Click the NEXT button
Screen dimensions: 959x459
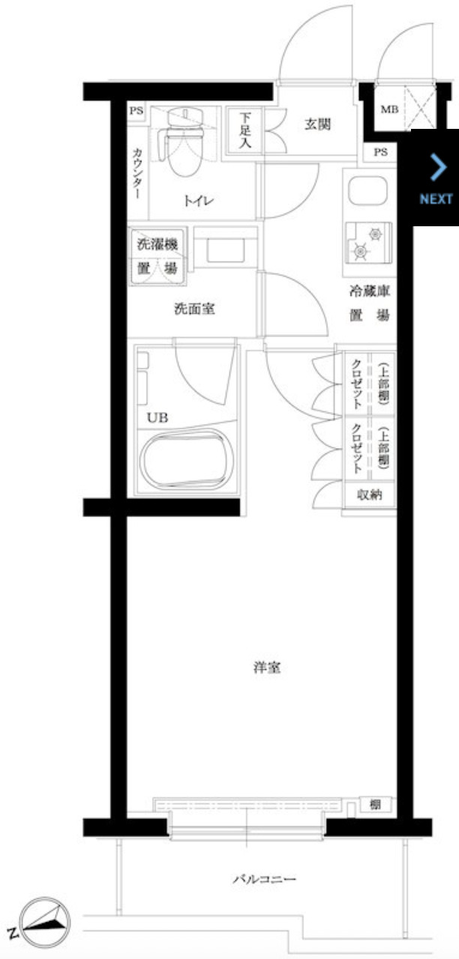tap(435, 178)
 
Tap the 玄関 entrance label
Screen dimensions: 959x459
tap(318, 124)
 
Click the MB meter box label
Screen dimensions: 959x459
tap(388, 109)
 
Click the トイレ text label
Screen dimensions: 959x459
tap(198, 200)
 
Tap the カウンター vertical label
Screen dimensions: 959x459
tap(136, 172)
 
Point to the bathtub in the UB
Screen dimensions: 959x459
tap(186, 463)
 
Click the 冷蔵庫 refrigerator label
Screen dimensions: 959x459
tap(368, 291)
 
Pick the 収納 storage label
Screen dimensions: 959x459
tap(369, 494)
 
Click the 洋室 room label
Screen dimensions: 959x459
tap(266, 667)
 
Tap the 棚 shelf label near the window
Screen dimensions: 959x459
tap(374, 805)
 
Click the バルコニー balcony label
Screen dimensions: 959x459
tap(264, 878)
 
